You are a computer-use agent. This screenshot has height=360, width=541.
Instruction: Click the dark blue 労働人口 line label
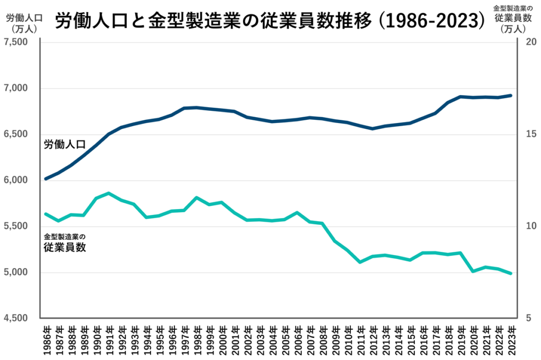tap(64, 145)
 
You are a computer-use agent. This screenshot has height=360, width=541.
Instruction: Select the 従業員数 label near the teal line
tap(64, 247)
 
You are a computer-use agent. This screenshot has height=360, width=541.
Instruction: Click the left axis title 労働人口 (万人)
tap(21, 23)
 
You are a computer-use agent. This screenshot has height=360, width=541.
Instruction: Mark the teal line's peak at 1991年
tap(108, 193)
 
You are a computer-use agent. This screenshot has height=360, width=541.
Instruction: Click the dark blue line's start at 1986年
tap(46, 178)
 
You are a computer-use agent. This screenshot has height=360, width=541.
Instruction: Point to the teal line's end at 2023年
tap(510, 273)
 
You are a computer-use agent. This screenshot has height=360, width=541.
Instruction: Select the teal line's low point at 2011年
tap(360, 262)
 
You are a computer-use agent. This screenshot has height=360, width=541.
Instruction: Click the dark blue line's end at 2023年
tap(510, 96)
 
